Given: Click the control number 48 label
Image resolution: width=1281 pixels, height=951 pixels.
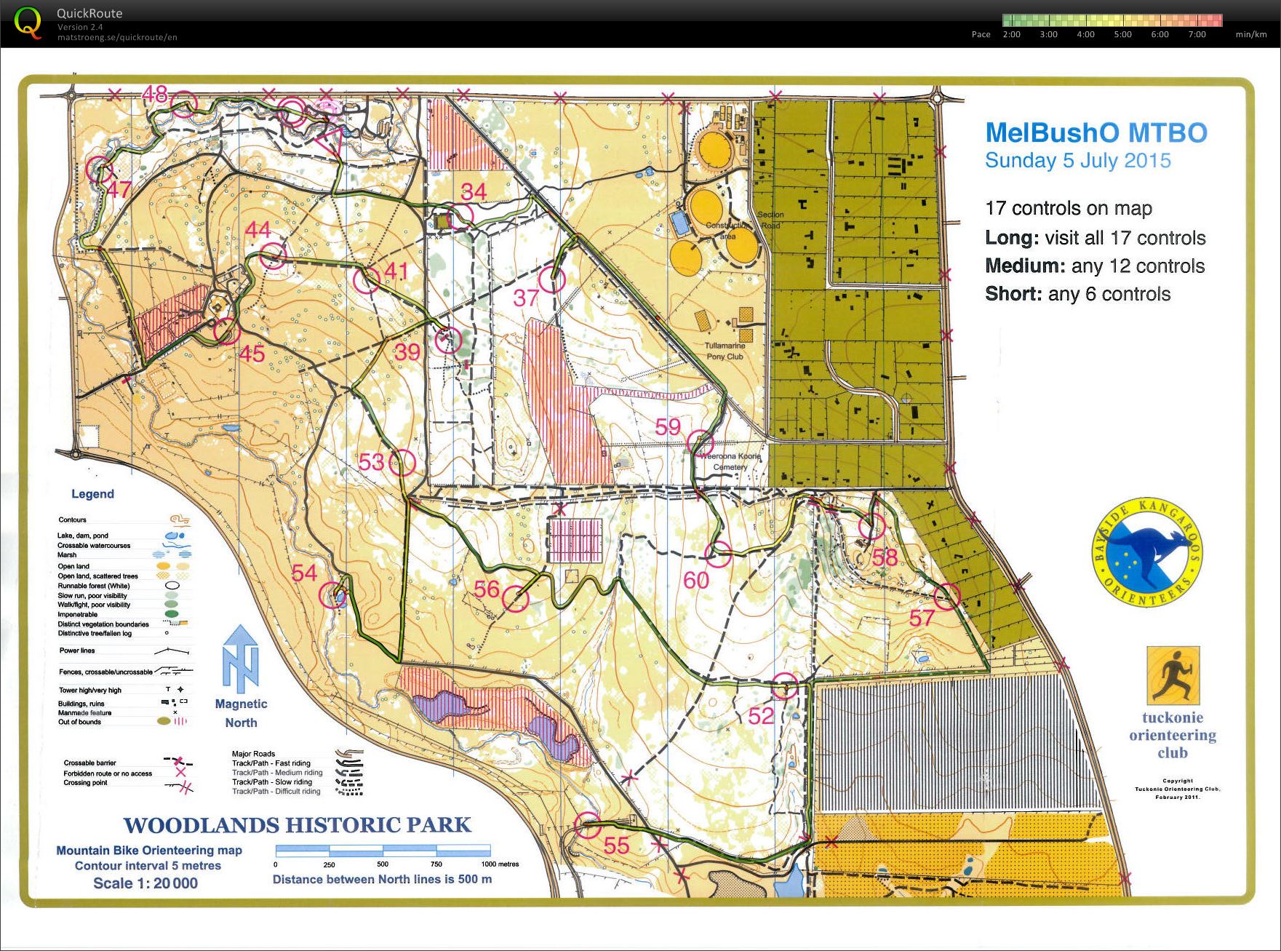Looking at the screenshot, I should pos(154,94).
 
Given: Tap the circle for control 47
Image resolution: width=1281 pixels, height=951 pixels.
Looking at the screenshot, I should pos(100,170).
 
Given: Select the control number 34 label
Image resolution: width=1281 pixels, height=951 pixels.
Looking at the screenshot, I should pos(474,191).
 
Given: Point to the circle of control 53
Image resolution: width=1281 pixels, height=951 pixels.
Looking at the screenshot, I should pos(402,462).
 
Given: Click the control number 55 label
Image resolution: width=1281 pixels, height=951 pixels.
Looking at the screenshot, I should pos(616,845).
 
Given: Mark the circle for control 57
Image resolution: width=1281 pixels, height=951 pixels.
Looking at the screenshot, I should pos(947,597).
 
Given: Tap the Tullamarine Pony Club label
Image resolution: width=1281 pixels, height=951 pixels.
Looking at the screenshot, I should pos(725,351).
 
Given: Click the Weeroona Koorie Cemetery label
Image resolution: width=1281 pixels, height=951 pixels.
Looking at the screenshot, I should pos(730,461).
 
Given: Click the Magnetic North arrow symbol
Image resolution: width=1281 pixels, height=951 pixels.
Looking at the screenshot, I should pos(241,658).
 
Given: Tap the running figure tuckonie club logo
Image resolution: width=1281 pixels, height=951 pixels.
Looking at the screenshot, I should pos(1173,675).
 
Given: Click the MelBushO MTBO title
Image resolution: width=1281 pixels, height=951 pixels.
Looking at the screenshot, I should pos(1096,133).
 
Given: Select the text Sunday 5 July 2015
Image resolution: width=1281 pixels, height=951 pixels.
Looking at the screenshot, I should pos(1077,161).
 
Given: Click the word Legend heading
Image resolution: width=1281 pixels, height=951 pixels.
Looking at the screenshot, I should pos(92,494).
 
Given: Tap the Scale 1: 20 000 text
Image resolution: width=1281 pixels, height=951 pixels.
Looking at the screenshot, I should pos(145,883).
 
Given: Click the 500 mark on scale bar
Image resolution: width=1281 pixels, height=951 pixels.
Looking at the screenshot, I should pos(383,864).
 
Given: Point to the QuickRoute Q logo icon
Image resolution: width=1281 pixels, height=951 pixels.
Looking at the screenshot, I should pos(27,23).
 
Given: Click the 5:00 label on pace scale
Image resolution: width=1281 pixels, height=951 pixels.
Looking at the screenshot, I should pos(1122,34).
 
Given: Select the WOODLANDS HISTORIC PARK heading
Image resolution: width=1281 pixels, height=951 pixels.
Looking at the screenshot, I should pos(297,825).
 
